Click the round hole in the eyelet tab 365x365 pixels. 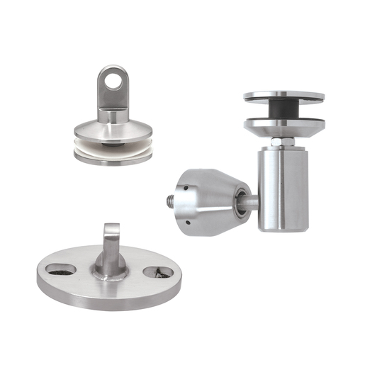tap(113, 79)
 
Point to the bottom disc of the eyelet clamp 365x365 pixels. tap(113, 157)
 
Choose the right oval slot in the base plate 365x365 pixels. tap(157, 271)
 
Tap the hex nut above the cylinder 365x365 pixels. tap(281, 142)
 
